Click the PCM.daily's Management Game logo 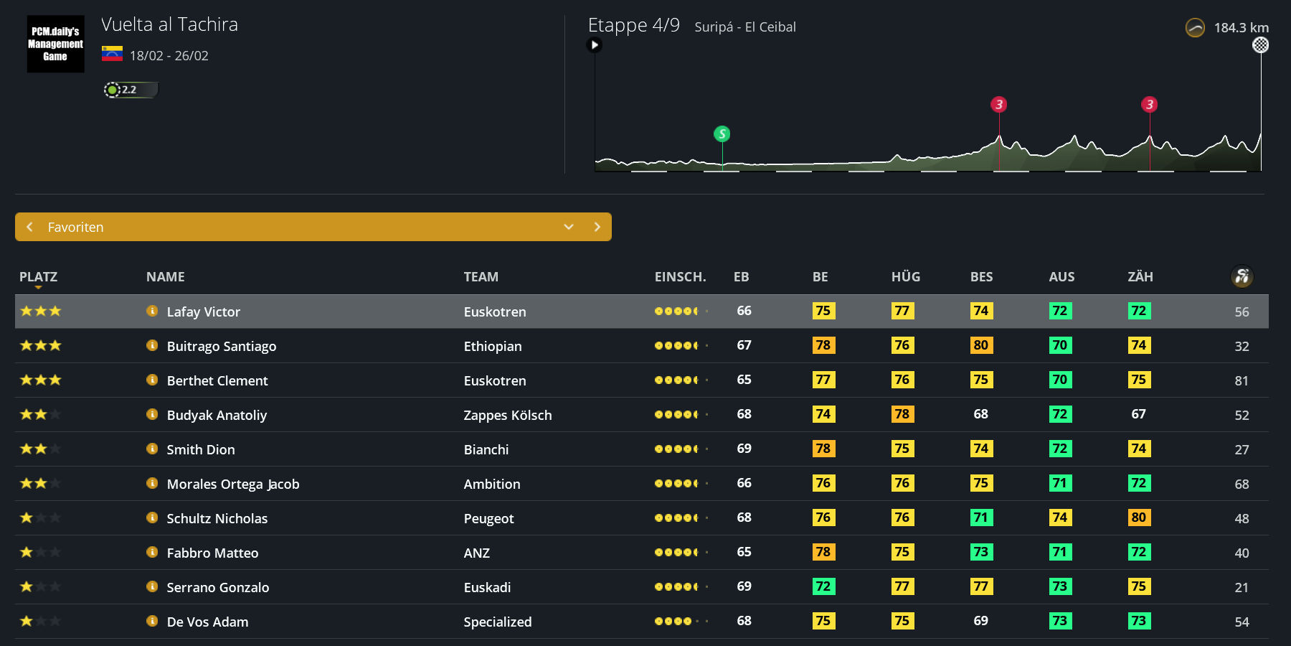[55, 44]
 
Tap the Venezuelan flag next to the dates [112, 54]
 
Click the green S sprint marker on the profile [722, 134]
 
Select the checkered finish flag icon [1260, 45]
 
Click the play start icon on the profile [594, 45]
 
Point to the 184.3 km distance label [1241, 28]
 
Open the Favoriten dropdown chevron [569, 227]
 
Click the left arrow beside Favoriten [30, 227]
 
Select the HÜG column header [905, 277]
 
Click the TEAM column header [481, 277]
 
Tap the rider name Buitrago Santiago [221, 346]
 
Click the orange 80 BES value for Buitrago [980, 345]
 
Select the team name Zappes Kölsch [507, 415]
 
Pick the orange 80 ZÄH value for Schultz [1138, 518]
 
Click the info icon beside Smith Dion [152, 449]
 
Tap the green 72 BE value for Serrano [823, 586]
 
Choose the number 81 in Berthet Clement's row [1242, 380]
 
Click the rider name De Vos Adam [207, 622]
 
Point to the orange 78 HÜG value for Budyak [902, 414]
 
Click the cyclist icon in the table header [1242, 276]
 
